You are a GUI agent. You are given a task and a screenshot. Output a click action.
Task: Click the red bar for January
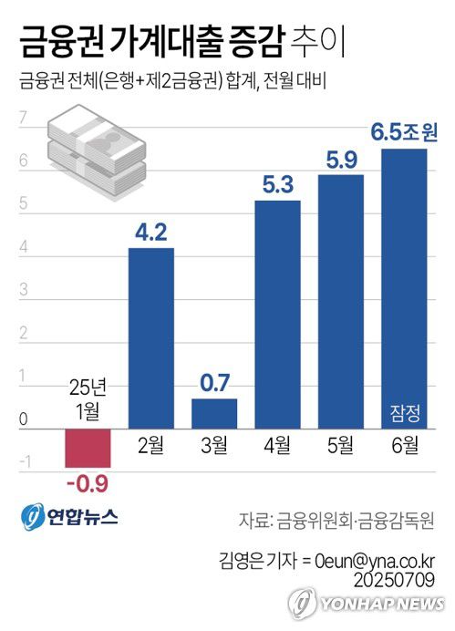tap(88, 448)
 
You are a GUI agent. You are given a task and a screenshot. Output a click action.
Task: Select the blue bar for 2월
tap(150, 337)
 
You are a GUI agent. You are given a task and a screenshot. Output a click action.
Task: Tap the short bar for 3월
tap(214, 413)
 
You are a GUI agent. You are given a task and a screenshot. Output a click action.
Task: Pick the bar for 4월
tap(277, 315)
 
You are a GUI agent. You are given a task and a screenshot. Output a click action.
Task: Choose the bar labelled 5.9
tap(341, 301)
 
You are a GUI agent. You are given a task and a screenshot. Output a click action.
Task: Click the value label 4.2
tap(150, 233)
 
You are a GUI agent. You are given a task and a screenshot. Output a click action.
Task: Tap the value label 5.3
tap(277, 185)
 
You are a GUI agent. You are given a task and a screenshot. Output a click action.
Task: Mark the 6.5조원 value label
tap(404, 133)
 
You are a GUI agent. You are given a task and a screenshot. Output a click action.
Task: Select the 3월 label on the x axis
tap(214, 445)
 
